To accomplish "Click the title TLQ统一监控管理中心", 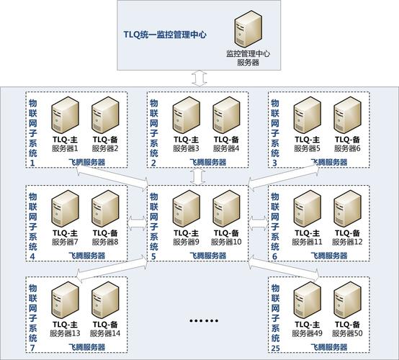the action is (x=165, y=35).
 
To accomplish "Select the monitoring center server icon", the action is (x=248, y=29).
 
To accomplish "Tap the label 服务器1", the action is (x=65, y=148).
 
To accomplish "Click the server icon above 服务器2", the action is (x=105, y=115).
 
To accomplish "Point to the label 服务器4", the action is (x=226, y=148).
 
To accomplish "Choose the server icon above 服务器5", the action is (x=307, y=115).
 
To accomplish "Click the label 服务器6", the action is (x=347, y=148).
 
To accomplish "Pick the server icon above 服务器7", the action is (x=65, y=209).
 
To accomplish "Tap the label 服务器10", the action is (x=226, y=242).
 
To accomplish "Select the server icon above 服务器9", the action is (x=187, y=209).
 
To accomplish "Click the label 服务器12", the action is (x=347, y=242).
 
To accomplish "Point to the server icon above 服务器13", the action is (x=65, y=300).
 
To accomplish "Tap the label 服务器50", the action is (x=347, y=333).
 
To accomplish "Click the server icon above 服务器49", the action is (x=307, y=300).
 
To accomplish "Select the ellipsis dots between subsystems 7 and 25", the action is (x=204, y=321).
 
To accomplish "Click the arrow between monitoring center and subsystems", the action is (x=199, y=78).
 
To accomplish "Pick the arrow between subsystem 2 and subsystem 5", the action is (x=198, y=176).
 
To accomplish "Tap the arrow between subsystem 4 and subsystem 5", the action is (x=137, y=223).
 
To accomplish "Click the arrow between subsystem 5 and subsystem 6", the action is (x=258, y=223).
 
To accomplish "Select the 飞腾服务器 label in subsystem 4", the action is (x=86, y=256).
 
